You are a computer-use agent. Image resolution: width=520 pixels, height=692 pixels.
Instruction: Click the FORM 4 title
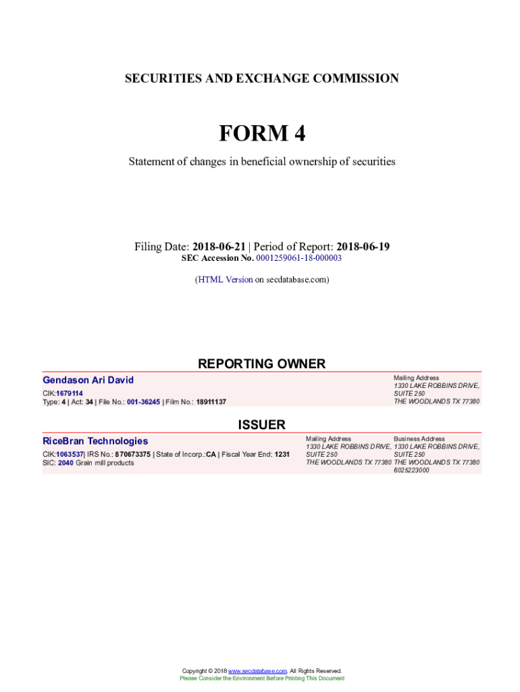click(x=261, y=134)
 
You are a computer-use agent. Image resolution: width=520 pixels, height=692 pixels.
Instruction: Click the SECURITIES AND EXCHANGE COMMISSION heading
click(x=261, y=78)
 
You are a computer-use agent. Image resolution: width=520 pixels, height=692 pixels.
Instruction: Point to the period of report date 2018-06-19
click(x=363, y=247)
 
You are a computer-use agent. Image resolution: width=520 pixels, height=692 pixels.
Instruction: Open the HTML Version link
click(x=225, y=279)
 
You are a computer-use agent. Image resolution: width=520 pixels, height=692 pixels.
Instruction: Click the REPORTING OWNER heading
click(x=261, y=364)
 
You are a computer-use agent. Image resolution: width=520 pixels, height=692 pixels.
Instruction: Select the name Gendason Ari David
click(x=88, y=380)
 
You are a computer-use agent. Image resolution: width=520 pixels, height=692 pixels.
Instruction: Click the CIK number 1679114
click(x=70, y=393)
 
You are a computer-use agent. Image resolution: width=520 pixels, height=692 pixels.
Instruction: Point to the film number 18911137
click(x=211, y=402)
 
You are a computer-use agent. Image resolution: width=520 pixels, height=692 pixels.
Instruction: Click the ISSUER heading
click(x=261, y=425)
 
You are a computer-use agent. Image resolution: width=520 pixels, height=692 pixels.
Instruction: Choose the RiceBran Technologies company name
click(x=95, y=441)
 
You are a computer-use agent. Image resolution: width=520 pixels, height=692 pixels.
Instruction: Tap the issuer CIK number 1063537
click(x=70, y=455)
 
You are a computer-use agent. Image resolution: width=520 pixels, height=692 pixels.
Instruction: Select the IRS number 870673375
click(x=132, y=455)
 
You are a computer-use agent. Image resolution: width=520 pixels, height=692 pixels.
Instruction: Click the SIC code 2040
click(x=66, y=463)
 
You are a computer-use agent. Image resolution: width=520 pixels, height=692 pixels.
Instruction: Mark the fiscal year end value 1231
click(x=282, y=455)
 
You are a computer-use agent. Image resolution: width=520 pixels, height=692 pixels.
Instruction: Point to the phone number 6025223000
click(x=411, y=470)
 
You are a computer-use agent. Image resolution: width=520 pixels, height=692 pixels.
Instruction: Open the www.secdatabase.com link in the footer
click(x=258, y=671)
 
